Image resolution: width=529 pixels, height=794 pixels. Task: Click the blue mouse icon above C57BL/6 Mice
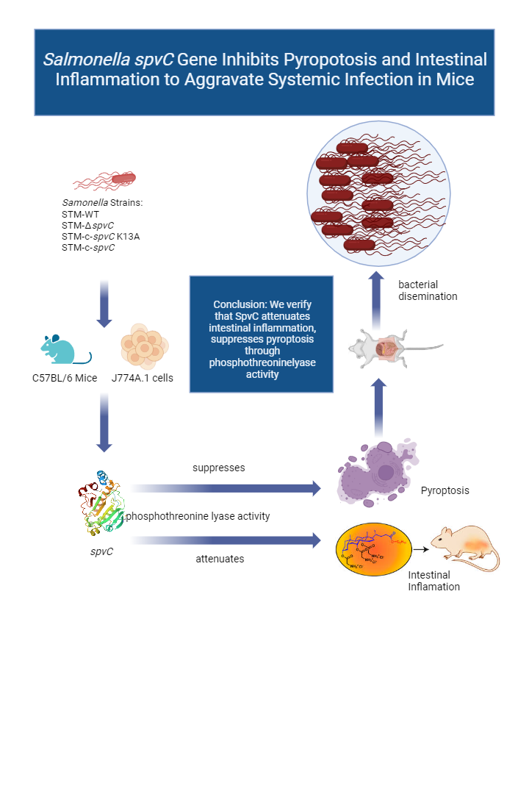coord(65,349)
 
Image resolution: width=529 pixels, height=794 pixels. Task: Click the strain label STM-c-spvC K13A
coord(101,236)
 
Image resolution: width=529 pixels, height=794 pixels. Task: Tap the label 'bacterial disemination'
coord(428,290)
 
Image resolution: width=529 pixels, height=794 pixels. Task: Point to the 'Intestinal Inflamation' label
coord(433,581)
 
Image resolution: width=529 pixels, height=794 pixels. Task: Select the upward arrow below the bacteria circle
coord(375,294)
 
